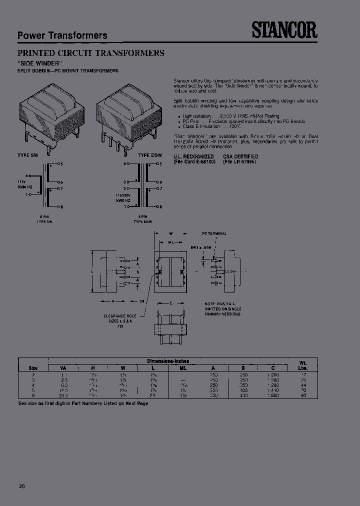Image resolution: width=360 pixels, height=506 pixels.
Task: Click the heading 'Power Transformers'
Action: point(62,35)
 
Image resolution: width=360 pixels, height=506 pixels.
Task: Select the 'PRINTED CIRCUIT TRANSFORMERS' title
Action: point(91,52)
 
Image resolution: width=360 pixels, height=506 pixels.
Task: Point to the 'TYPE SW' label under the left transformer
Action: point(27,156)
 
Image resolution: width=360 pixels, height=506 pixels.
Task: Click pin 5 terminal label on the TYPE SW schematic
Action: point(61,164)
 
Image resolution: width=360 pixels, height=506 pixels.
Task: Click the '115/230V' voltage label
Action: point(123,195)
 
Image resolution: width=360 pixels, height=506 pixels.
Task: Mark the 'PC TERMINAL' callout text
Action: point(214,233)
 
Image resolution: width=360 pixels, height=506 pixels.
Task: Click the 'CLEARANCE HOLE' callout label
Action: point(120,315)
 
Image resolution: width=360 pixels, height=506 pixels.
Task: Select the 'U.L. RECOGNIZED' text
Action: point(193,156)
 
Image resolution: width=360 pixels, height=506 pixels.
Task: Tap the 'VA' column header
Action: point(63,368)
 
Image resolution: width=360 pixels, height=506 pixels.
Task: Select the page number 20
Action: point(21,486)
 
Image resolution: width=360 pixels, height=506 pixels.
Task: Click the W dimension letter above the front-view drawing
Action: point(170,233)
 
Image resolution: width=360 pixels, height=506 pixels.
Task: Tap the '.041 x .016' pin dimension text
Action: point(201,247)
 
